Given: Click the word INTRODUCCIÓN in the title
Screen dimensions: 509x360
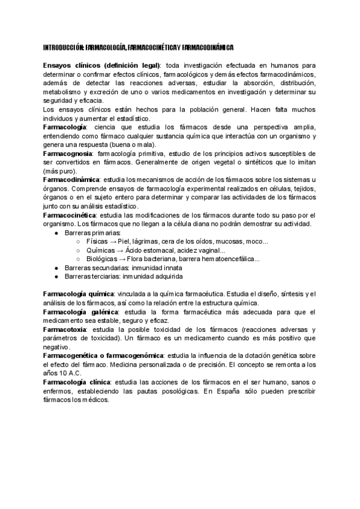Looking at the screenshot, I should pyautogui.click(x=64, y=46).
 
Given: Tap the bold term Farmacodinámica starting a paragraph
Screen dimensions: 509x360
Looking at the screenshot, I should pyautogui.click(x=71, y=180).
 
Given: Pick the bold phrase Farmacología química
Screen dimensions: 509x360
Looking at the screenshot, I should pyautogui.click(x=78, y=294).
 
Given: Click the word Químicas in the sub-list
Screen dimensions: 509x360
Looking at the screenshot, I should pyautogui.click(x=101, y=250).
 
